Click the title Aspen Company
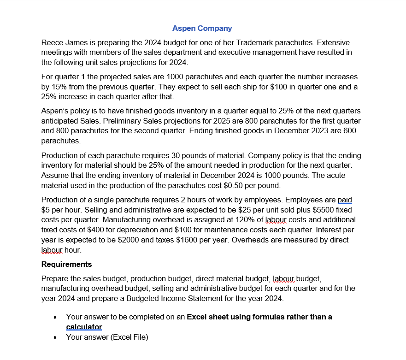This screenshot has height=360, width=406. (202, 29)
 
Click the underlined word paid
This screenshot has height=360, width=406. (345, 200)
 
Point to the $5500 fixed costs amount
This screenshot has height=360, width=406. (327, 210)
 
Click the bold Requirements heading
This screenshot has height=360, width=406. (66, 264)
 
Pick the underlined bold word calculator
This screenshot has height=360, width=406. (84, 327)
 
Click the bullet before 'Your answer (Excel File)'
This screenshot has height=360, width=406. (55, 337)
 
